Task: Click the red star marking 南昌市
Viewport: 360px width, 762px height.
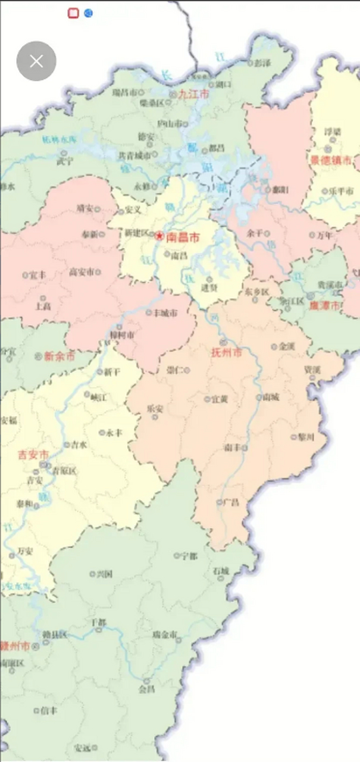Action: [159, 236]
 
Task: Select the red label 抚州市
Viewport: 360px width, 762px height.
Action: [227, 352]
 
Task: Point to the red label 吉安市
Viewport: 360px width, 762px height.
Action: [33, 455]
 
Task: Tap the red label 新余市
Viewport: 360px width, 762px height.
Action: [60, 357]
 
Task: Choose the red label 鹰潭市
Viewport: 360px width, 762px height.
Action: [327, 305]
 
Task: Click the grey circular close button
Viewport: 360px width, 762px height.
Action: [36, 61]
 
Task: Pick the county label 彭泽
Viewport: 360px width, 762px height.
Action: [262, 62]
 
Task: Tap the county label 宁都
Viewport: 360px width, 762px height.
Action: [189, 555]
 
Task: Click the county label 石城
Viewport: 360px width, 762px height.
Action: [221, 571]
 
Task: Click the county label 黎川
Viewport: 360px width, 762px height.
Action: [306, 436]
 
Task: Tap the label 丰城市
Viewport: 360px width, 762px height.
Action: [165, 313]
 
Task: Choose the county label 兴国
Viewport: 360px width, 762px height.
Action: [104, 574]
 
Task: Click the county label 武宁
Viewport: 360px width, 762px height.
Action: [65, 160]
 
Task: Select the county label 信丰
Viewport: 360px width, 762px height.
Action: [49, 710]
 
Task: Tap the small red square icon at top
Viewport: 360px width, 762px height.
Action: [73, 13]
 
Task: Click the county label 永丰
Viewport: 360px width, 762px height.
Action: [113, 433]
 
